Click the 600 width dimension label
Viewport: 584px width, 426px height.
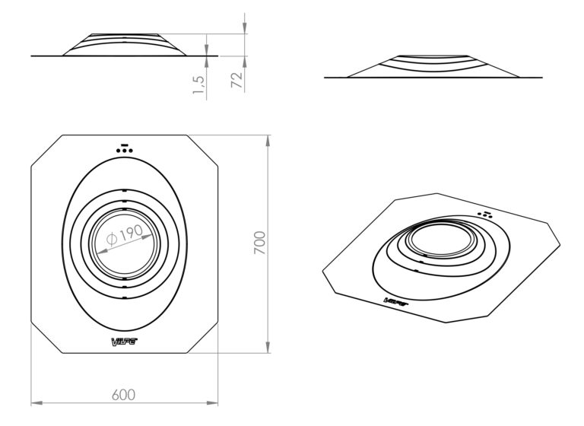[x=123, y=395]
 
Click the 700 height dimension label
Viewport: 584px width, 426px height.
[x=259, y=243]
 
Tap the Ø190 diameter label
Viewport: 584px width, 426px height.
[x=125, y=234]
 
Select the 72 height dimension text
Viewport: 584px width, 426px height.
[x=237, y=80]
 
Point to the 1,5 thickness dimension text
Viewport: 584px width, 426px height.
[x=199, y=85]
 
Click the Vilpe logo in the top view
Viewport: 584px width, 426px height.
[x=125, y=342]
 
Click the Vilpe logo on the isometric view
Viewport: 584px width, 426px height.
[x=396, y=301]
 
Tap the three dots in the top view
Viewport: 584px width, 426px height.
[x=125, y=151]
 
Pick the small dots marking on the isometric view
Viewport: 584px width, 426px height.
[x=485, y=215]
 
